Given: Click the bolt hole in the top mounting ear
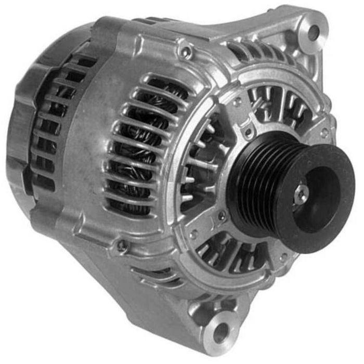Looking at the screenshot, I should pyautogui.click(x=313, y=32).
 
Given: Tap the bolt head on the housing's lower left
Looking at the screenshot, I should pyautogui.click(x=122, y=244).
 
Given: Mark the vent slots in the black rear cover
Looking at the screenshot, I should pyautogui.click(x=52, y=130).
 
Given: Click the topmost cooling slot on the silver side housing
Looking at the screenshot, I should pyautogui.click(x=166, y=83).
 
